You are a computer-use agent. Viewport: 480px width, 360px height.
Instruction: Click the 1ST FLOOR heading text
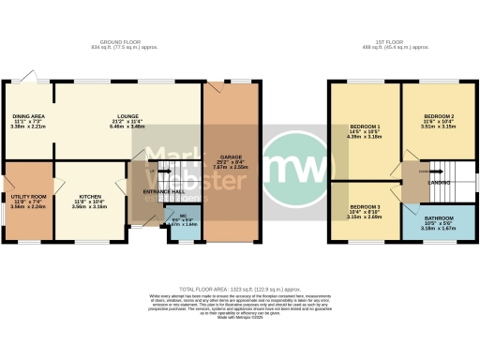pyautogui.click(x=394, y=42)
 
